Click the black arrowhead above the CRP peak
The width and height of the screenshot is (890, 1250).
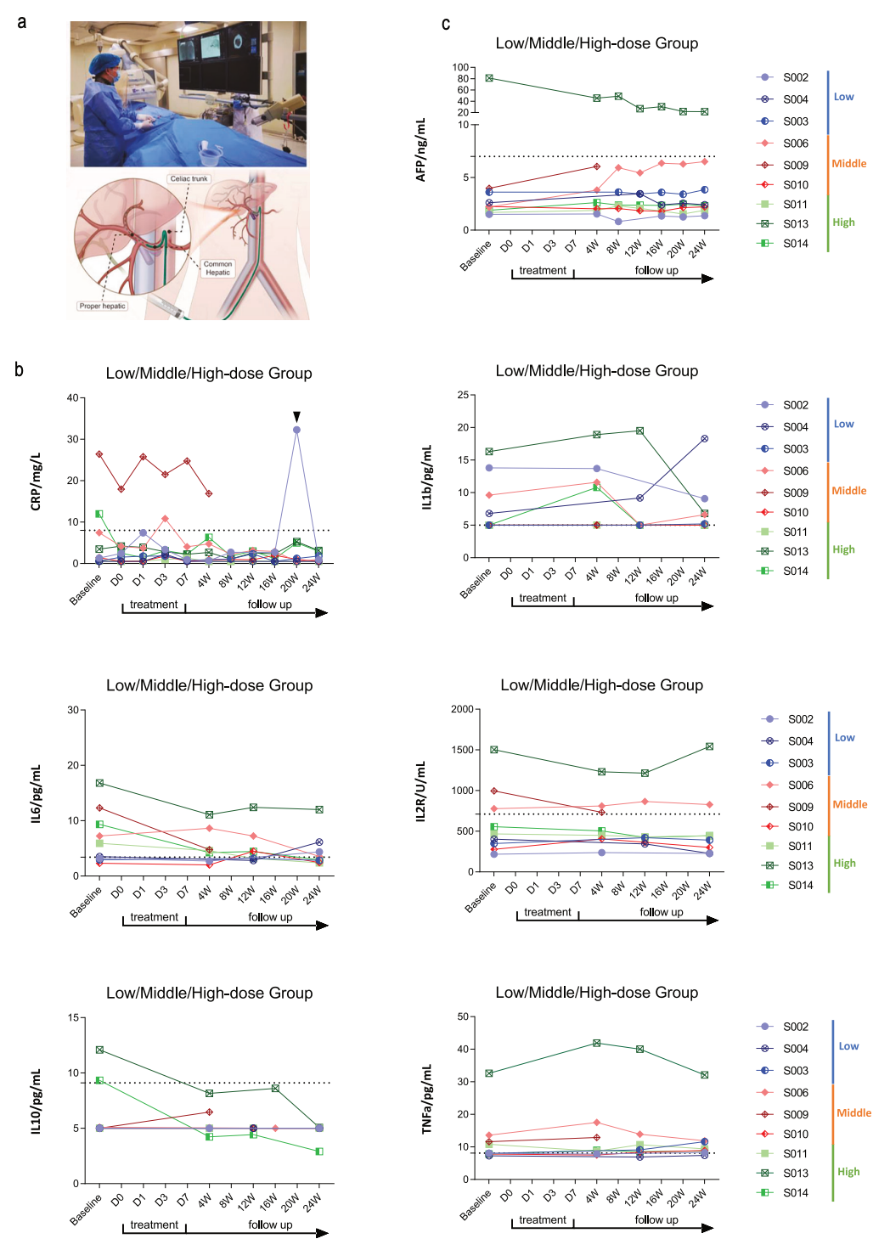coord(296,416)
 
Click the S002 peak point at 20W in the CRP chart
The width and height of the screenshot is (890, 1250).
coord(296,430)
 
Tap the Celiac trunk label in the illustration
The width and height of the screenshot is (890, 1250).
coord(189,178)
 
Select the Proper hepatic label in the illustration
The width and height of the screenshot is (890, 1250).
coord(102,306)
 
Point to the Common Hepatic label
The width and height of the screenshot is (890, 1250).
coord(217,268)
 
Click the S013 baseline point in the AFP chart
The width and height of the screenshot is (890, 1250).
coord(489,78)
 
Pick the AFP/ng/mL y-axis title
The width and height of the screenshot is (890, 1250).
coord(420,149)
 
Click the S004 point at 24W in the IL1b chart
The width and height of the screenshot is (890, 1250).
coord(705,439)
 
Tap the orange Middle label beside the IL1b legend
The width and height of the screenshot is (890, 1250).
coord(849,491)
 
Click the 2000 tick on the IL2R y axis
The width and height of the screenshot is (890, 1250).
coord(463,709)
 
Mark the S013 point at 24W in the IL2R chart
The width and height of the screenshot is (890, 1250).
coord(709,746)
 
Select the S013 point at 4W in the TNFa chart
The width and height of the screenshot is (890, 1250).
coord(596,1043)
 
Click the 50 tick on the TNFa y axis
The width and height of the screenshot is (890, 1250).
coord(463,1016)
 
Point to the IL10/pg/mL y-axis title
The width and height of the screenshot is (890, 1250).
coord(36,1101)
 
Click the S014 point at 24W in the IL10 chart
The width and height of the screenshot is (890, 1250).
coord(319,1151)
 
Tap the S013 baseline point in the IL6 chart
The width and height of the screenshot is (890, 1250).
coord(99,783)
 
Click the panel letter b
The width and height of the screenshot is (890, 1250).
coord(19,369)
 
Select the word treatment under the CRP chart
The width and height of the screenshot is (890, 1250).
coord(154,605)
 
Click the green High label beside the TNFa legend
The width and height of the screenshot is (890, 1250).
coord(848,1172)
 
